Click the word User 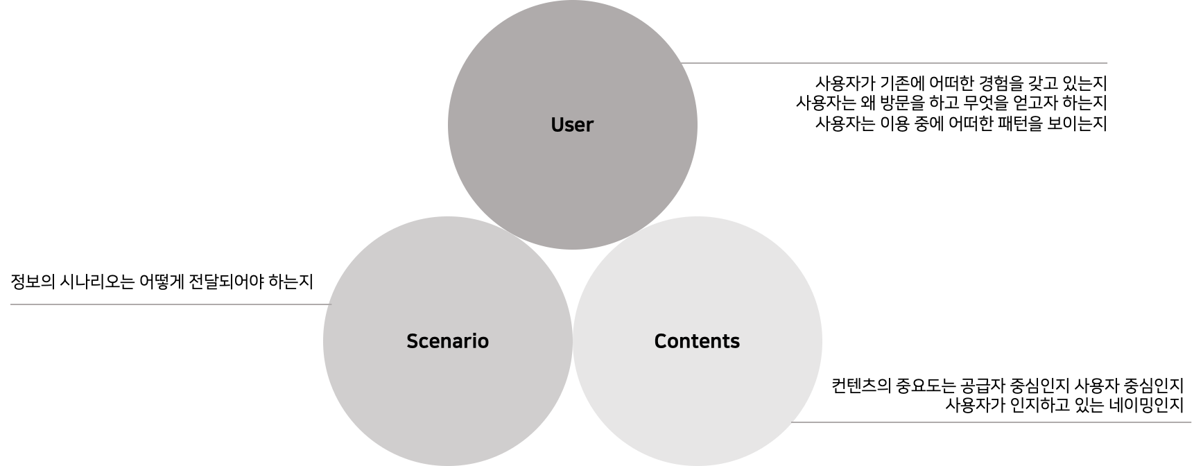point(572,125)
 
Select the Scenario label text point(447,341)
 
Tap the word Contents point(697,341)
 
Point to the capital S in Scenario point(412,341)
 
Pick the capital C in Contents point(660,341)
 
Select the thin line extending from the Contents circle point(992,422)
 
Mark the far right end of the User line point(1107,63)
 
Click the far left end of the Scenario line point(12,304)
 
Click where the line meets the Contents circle point(793,422)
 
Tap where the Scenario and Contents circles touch point(572,341)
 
